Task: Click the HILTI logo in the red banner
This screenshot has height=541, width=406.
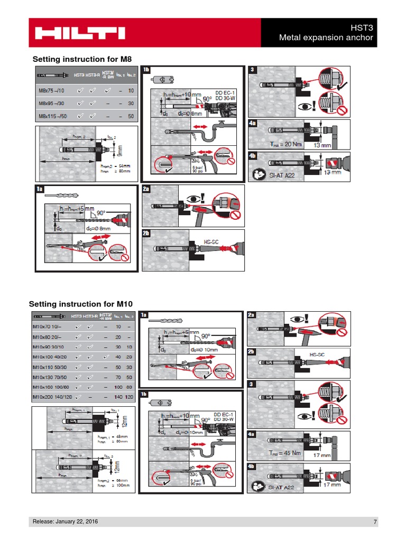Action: coord(80,33)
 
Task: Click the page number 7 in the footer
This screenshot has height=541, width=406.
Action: coord(375,523)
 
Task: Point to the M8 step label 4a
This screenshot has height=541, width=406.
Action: coord(253,124)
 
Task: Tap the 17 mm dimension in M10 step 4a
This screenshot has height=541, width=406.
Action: coord(321,454)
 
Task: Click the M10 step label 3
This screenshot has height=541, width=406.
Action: coord(252,384)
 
